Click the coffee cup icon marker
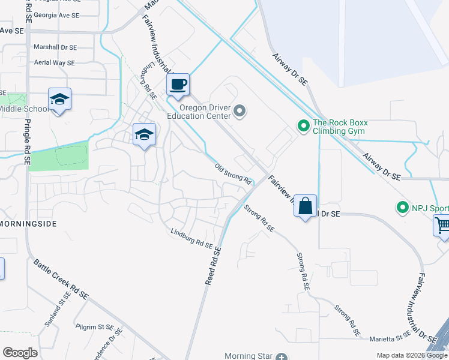point(178,85)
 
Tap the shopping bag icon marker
point(305,206)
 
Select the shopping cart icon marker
point(442,226)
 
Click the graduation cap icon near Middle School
point(59,99)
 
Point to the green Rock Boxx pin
point(304,126)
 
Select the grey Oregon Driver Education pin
point(240,111)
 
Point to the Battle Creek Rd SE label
point(61,279)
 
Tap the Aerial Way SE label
point(54,62)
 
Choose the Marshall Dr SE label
point(55,47)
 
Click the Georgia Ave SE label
point(55,14)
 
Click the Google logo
point(20,353)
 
